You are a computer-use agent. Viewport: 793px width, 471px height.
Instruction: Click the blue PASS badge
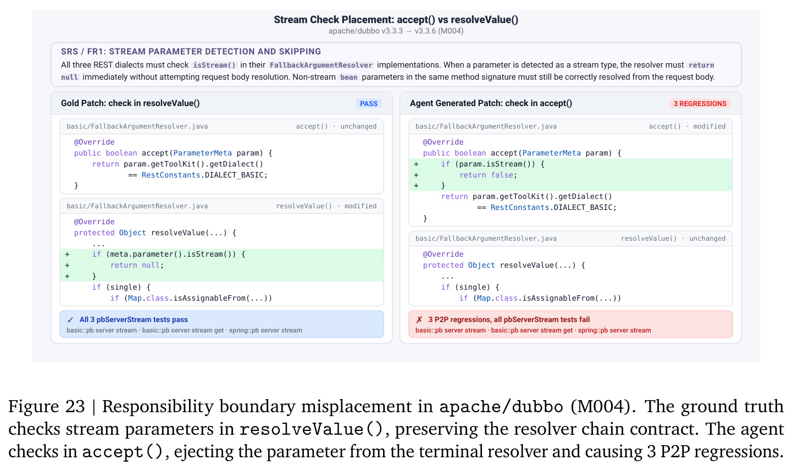click(369, 103)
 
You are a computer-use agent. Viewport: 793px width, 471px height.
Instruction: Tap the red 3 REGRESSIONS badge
click(700, 103)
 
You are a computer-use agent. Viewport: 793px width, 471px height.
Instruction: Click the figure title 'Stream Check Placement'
click(334, 19)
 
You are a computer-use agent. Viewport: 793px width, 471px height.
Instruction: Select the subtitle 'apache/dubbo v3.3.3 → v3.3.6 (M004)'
click(396, 31)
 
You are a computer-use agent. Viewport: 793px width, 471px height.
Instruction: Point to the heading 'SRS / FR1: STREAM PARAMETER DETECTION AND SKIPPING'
click(191, 51)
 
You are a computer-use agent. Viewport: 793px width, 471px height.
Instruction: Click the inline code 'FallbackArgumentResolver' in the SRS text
click(321, 65)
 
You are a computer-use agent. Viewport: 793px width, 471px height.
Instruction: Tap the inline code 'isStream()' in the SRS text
click(214, 65)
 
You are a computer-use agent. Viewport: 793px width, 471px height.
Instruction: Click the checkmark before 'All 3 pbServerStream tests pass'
click(70, 320)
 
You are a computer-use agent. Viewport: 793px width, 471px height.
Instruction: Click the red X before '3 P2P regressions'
click(419, 320)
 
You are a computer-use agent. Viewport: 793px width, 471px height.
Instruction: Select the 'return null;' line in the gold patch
click(137, 265)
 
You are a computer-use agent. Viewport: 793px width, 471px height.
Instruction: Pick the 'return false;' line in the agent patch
click(488, 175)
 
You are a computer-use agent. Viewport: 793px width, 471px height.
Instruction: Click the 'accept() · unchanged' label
click(336, 126)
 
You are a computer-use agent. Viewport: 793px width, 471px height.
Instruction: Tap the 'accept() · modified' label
click(687, 126)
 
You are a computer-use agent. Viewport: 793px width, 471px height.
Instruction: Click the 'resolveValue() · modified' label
click(326, 206)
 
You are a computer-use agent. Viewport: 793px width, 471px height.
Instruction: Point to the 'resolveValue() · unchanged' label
click(673, 239)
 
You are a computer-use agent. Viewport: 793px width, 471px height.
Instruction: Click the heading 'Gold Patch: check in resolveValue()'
click(130, 103)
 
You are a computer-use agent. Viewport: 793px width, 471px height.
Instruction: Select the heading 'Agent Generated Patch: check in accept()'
click(491, 103)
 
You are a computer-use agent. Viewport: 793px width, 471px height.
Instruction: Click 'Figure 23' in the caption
click(46, 407)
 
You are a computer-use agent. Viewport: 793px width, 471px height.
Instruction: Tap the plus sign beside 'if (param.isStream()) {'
click(417, 164)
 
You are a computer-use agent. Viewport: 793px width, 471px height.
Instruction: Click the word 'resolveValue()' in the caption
click(311, 429)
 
